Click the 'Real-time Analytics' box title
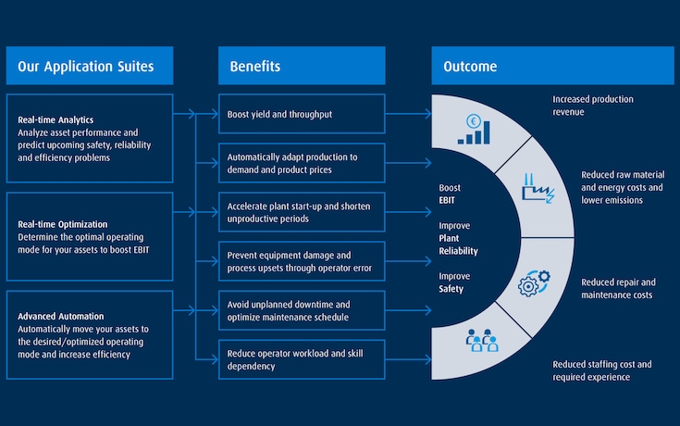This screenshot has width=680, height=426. [x=56, y=119]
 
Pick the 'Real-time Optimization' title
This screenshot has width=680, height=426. [x=62, y=224]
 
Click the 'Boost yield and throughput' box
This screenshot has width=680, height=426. [x=302, y=114]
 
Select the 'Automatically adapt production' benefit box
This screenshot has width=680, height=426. [x=302, y=163]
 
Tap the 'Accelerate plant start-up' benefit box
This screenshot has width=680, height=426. [x=302, y=212]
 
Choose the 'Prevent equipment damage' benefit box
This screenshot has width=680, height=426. [x=302, y=261]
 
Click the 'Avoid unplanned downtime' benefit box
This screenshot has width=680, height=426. [x=302, y=310]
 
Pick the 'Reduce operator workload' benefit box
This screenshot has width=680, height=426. [x=302, y=359]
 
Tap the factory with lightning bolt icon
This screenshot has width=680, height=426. [x=536, y=188]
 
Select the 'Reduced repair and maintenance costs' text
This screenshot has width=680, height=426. [x=618, y=288]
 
